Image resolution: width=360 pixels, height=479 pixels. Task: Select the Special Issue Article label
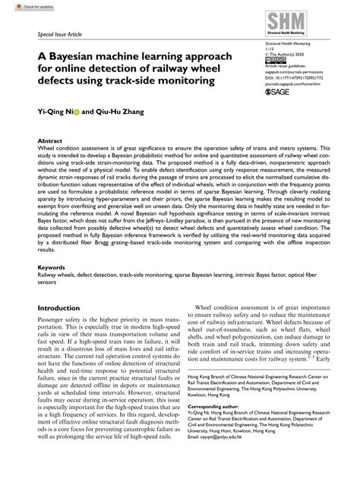pyautogui.click(x=62, y=35)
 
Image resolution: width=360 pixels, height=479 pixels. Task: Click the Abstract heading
pyautogui.click(x=50, y=141)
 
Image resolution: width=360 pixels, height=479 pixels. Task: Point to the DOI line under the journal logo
pyautogui.click(x=288, y=76)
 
